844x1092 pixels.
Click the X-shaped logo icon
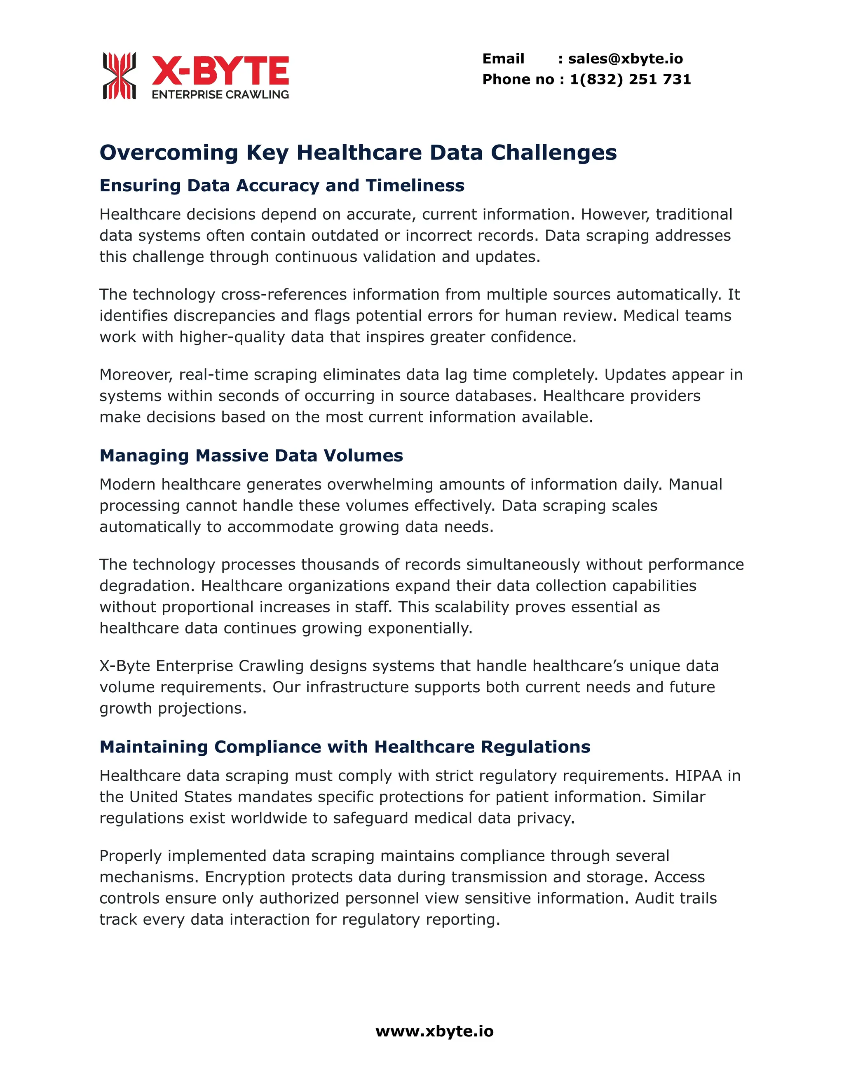[120, 75]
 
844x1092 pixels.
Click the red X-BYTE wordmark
[220, 71]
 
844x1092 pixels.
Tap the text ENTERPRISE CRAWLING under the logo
[220, 94]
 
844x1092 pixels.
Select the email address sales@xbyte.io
[625, 59]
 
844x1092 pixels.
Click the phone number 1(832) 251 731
[630, 80]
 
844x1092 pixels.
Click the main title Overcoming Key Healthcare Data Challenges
[358, 152]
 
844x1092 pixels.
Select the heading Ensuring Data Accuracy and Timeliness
[282, 185]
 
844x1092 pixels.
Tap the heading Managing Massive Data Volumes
[251, 455]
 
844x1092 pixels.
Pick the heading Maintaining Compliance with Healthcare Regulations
[345, 747]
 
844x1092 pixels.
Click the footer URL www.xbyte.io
[434, 1031]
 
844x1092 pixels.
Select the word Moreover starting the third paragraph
[136, 375]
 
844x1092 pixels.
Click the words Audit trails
[675, 898]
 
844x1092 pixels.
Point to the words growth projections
[173, 708]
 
